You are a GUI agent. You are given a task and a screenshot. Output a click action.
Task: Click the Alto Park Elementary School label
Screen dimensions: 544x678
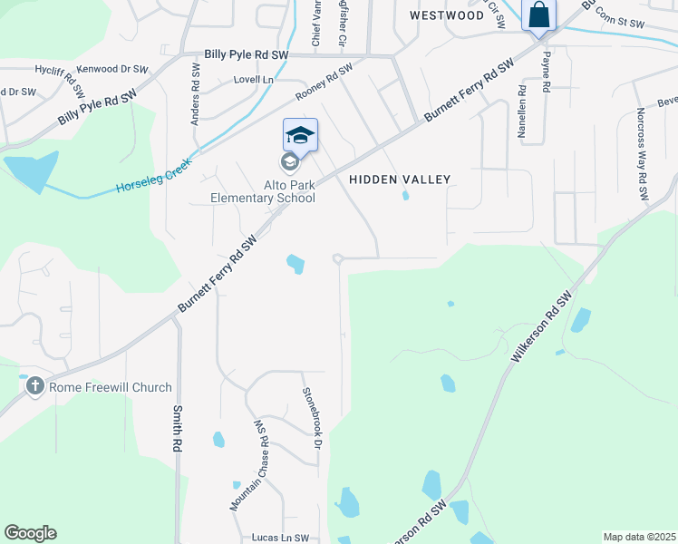point(263,191)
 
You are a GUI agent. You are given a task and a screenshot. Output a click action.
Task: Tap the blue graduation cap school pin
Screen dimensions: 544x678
point(300,136)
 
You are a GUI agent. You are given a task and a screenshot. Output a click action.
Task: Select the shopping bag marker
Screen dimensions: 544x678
point(538,16)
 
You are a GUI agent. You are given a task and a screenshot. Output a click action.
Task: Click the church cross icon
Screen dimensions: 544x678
point(35,387)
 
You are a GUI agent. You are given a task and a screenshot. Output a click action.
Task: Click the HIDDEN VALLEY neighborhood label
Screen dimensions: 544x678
point(400,180)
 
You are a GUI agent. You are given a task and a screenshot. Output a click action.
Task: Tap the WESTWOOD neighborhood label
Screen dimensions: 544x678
point(447,15)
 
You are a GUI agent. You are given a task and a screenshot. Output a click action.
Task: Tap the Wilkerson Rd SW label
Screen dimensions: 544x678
point(543,327)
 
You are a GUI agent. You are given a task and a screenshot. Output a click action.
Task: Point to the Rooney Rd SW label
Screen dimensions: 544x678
point(324,83)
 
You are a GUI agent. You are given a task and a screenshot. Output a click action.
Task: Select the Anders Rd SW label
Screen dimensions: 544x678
point(195,89)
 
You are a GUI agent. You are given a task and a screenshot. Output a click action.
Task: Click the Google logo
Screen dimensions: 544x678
point(30,533)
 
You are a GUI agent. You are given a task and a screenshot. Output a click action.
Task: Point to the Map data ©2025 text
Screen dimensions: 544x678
point(638,537)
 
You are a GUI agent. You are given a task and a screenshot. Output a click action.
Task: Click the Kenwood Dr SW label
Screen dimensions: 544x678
point(112,69)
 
